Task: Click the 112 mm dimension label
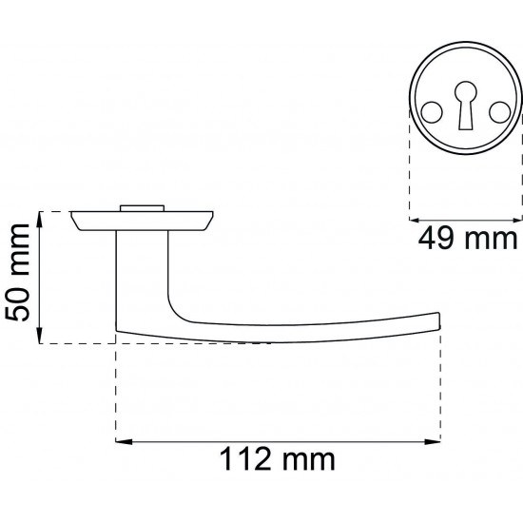(x=277, y=459)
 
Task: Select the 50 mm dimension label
(x=18, y=273)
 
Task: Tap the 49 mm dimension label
(x=467, y=239)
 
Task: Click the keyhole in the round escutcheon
(x=466, y=105)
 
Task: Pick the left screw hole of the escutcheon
(x=432, y=112)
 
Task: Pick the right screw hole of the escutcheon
(x=500, y=112)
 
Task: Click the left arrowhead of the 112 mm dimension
(x=124, y=442)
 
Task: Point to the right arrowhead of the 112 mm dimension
(x=433, y=442)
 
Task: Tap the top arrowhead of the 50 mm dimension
(x=39, y=220)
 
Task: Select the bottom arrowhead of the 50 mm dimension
(x=39, y=336)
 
